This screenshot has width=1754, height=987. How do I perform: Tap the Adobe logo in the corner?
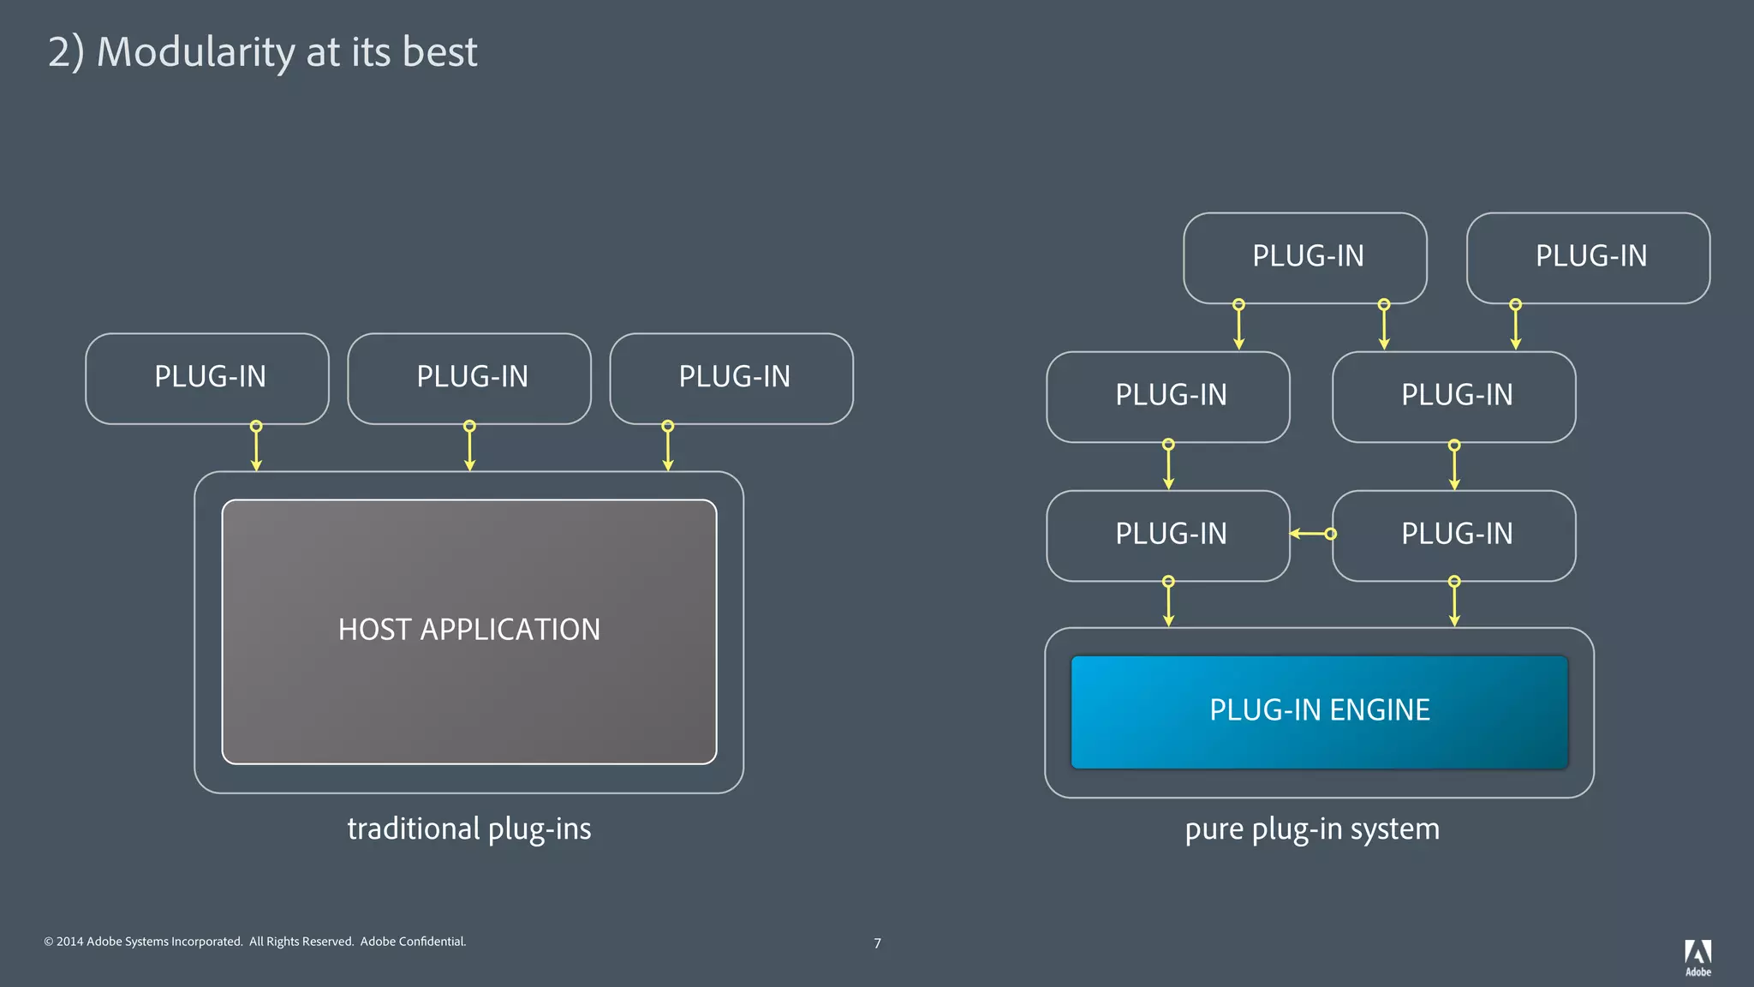1697,956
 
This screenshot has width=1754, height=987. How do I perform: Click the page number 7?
877,943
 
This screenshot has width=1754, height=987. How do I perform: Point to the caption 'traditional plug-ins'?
468,828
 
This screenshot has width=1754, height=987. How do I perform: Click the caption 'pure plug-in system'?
1311,828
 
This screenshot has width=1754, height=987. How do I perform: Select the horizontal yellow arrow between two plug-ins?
1311,534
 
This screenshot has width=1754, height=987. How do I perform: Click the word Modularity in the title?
196,52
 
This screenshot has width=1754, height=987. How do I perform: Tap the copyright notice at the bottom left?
254,942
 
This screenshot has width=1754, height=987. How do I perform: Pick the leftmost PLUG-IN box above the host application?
207,378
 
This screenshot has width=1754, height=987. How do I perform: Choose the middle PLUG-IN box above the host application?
469,378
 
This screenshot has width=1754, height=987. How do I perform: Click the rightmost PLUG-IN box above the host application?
731,378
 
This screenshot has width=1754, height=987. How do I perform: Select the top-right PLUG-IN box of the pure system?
1588,257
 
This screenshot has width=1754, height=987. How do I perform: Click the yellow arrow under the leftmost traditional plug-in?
256,448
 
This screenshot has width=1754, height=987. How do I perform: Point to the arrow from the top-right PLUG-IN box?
1515,326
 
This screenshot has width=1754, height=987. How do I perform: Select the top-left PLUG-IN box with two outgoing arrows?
1304,257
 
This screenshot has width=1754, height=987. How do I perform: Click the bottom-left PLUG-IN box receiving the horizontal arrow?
1167,535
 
